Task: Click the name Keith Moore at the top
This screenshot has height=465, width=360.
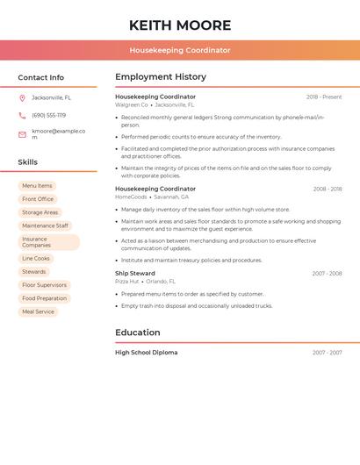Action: click(180, 25)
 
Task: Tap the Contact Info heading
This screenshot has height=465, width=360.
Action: click(41, 77)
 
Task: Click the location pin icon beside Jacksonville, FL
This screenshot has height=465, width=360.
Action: click(22, 97)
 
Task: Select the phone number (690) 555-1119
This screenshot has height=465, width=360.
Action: click(49, 115)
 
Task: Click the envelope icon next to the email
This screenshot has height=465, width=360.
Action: click(22, 134)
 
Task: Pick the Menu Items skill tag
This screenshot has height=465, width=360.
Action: click(37, 186)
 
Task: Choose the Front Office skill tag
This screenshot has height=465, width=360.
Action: click(38, 199)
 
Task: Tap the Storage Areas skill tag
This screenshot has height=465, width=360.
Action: click(40, 212)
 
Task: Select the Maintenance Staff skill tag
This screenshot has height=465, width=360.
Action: click(45, 225)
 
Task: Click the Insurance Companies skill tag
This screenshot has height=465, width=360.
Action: click(48, 242)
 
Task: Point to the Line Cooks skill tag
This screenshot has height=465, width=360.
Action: click(36, 259)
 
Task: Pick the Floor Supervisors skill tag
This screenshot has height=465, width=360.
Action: click(44, 285)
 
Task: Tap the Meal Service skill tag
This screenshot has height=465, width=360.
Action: click(38, 311)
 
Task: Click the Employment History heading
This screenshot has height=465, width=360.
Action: click(161, 77)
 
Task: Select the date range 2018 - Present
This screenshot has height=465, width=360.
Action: click(324, 97)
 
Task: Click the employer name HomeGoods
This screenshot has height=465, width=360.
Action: click(131, 197)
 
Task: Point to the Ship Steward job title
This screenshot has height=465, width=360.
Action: click(135, 273)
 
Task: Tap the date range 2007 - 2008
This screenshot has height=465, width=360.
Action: click(327, 274)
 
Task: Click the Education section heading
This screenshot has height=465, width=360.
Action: click(138, 333)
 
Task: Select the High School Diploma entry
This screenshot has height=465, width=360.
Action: click(147, 353)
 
